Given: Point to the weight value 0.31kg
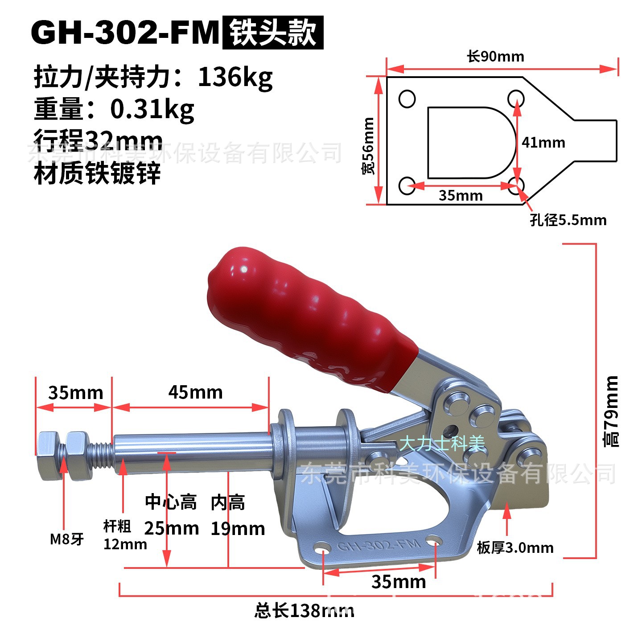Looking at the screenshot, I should pyautogui.click(x=152, y=109).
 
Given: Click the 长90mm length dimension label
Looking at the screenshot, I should pyautogui.click(x=495, y=57).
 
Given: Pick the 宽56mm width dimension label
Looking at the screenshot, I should pyautogui.click(x=369, y=146).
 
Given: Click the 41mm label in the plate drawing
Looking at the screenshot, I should pyautogui.click(x=543, y=143).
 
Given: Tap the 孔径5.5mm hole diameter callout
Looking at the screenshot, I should pyautogui.click(x=568, y=220).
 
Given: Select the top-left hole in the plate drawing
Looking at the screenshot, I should pyautogui.click(x=407, y=99).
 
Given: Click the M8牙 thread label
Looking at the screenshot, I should pyautogui.click(x=67, y=539).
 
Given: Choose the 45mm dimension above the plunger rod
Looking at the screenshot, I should pyautogui.click(x=195, y=392).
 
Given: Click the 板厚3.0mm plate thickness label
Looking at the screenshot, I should pyautogui.click(x=515, y=547).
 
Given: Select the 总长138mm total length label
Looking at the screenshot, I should pyautogui.click(x=304, y=610).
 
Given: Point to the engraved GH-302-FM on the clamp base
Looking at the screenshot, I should pyautogui.click(x=379, y=545).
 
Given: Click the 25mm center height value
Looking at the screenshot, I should pyautogui.click(x=171, y=528).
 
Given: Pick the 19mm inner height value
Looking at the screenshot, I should pyautogui.click(x=238, y=529).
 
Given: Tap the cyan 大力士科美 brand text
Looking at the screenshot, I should pyautogui.click(x=441, y=444).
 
